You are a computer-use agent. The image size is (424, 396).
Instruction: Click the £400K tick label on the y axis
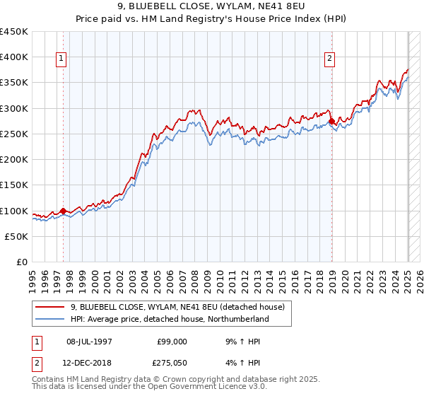(x=14, y=57)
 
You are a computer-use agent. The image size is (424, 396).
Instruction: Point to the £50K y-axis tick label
(x=16, y=237)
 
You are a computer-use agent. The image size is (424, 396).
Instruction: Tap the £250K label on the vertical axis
(x=14, y=134)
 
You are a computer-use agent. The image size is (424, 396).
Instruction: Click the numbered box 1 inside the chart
(x=62, y=59)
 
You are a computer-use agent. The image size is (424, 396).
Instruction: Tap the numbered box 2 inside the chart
(x=330, y=59)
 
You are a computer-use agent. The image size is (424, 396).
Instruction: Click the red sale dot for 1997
(x=63, y=211)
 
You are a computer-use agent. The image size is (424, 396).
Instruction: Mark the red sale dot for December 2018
(x=331, y=121)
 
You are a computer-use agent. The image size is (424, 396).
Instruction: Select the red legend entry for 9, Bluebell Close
(x=177, y=307)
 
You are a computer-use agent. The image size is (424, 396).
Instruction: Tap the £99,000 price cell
(x=172, y=342)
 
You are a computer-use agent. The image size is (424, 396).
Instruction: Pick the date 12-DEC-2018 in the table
(x=89, y=363)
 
